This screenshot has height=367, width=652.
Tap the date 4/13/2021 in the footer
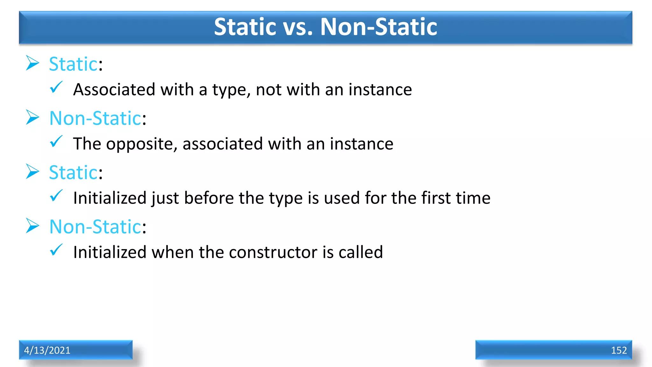[47, 350]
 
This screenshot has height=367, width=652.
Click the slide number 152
[619, 350]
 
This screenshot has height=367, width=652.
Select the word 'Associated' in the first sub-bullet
[114, 90]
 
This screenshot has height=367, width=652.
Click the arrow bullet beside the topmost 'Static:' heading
[32, 63]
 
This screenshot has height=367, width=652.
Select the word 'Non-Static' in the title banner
[379, 27]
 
